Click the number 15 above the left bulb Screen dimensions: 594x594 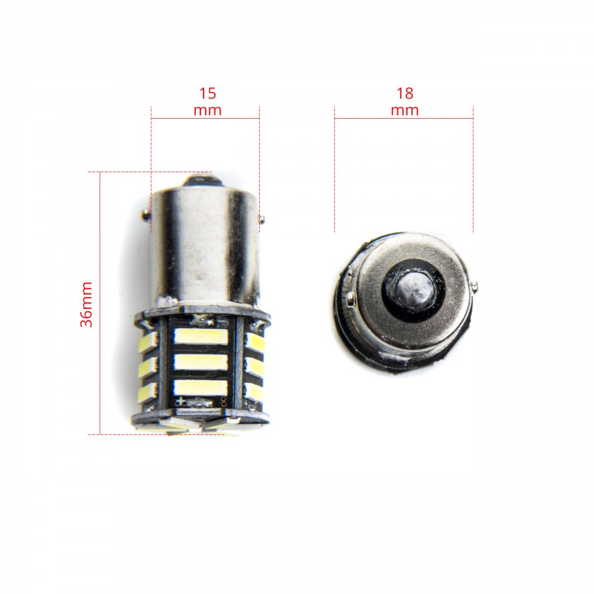(207, 94)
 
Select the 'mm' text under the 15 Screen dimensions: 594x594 (207, 110)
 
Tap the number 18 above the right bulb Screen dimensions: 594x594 (405, 94)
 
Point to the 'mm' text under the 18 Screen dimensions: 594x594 (405, 110)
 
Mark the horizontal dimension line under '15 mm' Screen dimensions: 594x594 (205, 118)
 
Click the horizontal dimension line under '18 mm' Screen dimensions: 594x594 (403, 118)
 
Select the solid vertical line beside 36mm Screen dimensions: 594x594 (99, 303)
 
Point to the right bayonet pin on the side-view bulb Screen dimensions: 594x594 (261, 218)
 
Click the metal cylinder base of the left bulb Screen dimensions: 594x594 (204, 245)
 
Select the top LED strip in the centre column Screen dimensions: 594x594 (200, 336)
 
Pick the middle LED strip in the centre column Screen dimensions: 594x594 (200, 362)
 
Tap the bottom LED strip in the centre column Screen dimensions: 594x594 (200, 387)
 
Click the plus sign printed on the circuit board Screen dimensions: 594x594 (180, 401)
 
